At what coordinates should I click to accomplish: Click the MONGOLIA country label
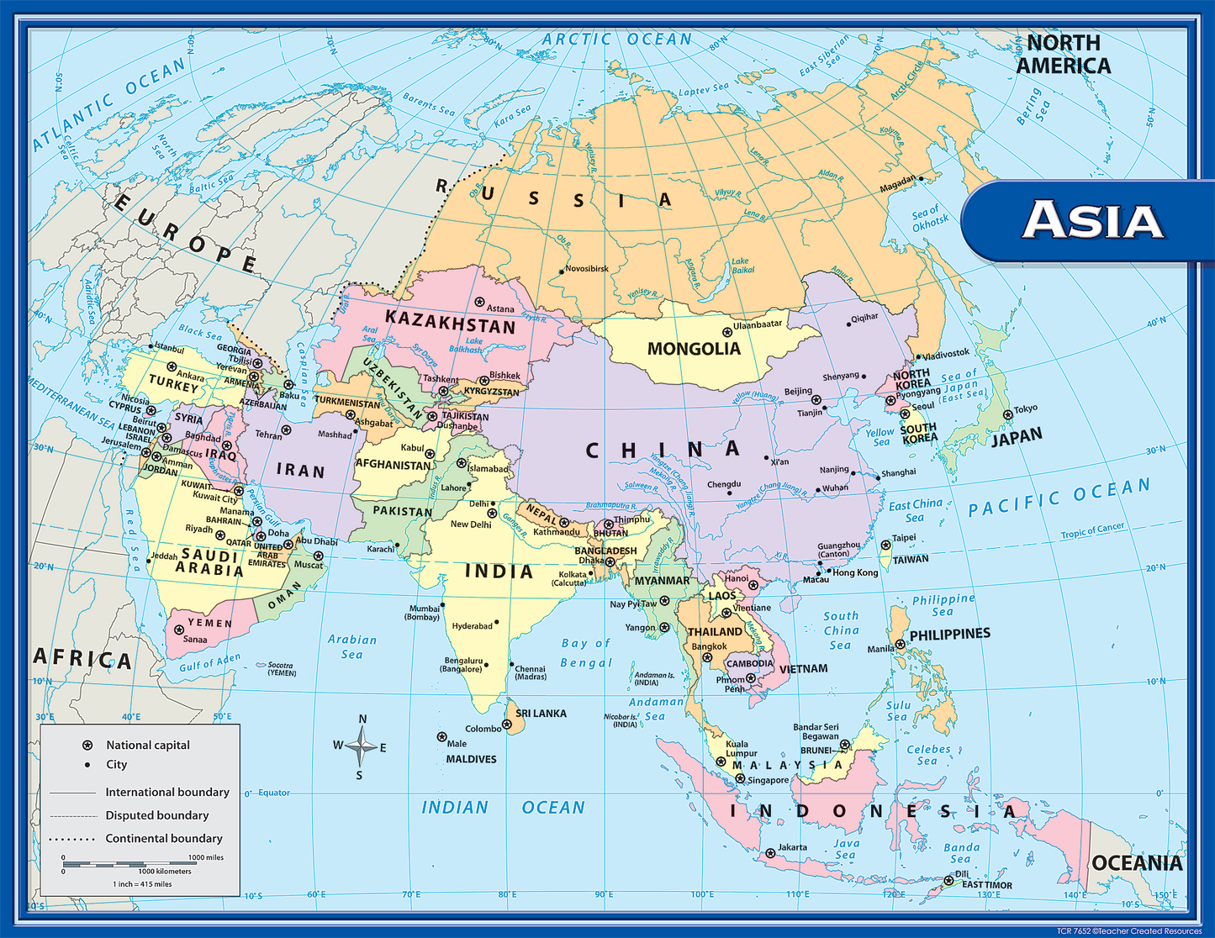694,349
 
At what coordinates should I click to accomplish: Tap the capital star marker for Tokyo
1007,414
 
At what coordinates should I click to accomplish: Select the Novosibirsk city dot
562,271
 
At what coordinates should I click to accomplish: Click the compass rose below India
361,746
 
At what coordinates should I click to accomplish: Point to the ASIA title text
1092,220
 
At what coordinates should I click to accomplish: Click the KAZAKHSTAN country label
450,322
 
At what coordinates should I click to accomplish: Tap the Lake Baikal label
742,266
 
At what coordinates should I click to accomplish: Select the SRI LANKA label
541,714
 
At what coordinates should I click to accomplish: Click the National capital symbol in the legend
87,746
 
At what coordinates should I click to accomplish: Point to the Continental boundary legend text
164,838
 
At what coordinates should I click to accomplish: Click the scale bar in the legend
130,864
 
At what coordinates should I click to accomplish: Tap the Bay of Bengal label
586,653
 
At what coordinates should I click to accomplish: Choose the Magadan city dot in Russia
921,178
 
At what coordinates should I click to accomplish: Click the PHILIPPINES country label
949,635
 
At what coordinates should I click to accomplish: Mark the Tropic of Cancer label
1092,530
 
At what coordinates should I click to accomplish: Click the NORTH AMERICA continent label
1063,54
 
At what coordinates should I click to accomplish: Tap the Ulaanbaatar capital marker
727,332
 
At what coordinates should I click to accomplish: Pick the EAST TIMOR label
987,885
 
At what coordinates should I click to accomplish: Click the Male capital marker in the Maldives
441,737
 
